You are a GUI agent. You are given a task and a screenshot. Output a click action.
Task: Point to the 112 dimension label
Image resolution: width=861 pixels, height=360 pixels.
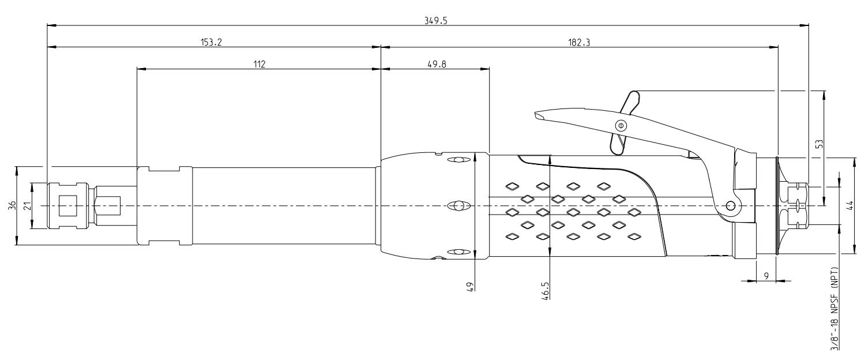(258, 64)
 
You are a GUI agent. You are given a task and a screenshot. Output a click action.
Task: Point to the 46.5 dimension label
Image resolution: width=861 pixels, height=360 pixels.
(546, 288)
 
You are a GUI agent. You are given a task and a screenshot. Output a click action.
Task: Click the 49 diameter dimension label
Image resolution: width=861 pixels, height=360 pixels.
(470, 286)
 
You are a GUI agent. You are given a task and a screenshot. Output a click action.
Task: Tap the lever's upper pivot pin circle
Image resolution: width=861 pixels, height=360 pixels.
(621, 125)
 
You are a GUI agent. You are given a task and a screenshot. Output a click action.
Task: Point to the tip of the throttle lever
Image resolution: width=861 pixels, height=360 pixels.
(537, 115)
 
